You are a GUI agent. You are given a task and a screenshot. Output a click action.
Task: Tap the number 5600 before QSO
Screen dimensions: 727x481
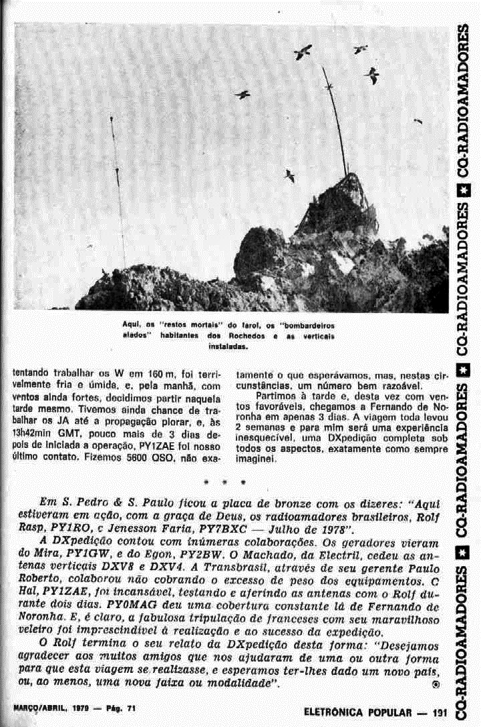146,459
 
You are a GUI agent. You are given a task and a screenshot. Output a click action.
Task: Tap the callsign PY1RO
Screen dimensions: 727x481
63,527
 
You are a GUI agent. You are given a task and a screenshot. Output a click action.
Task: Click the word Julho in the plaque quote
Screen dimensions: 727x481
312,527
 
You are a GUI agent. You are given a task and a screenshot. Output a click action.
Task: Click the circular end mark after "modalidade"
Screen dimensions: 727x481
436,684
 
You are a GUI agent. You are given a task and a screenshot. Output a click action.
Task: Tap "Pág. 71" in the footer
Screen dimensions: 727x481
122,708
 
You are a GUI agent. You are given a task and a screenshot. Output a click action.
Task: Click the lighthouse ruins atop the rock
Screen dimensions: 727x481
337,204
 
